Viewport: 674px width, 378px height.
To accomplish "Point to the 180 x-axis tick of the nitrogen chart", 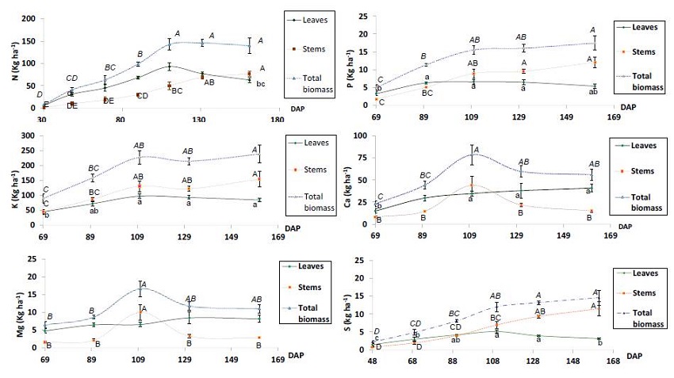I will (x=277, y=120).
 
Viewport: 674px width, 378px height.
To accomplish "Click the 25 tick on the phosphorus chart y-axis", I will (x=364, y=16).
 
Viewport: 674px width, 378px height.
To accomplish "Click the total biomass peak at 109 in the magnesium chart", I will (x=141, y=288).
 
